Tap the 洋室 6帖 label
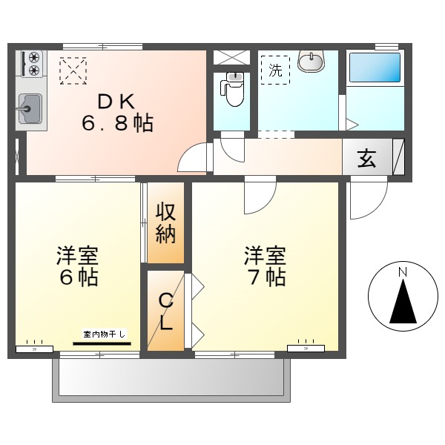click(x=77, y=268)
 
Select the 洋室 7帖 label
click(x=265, y=268)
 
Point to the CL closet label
click(x=165, y=311)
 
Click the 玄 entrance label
click(x=366, y=159)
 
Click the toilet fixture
click(x=234, y=90)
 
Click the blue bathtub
click(x=375, y=67)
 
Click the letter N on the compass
click(x=402, y=273)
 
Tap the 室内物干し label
click(x=103, y=335)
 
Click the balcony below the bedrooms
click(x=171, y=379)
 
